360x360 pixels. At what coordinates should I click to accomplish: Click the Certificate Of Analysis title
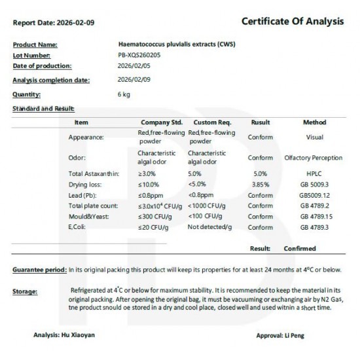pyautogui.click(x=293, y=22)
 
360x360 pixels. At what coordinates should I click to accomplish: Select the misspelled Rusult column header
pyautogui.click(x=261, y=122)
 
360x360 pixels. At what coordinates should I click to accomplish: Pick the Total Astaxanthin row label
pyautogui.click(x=92, y=173)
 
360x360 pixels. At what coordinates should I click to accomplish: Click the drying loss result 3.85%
pyautogui.click(x=261, y=185)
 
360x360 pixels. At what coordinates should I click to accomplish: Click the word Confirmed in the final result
pyautogui.click(x=300, y=249)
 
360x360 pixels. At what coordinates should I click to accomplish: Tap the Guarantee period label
pyautogui.click(x=39, y=270)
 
